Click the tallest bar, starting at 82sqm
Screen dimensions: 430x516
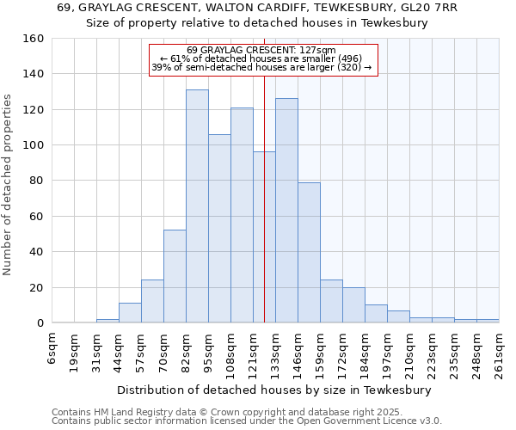tap(197, 206)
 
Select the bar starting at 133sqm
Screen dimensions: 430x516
tap(286, 211)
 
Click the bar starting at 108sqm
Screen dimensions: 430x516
tap(242, 215)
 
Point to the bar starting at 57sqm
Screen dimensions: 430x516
tap(152, 301)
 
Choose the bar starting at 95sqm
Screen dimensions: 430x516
tap(219, 228)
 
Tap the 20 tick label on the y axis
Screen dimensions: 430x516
tap(36, 287)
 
